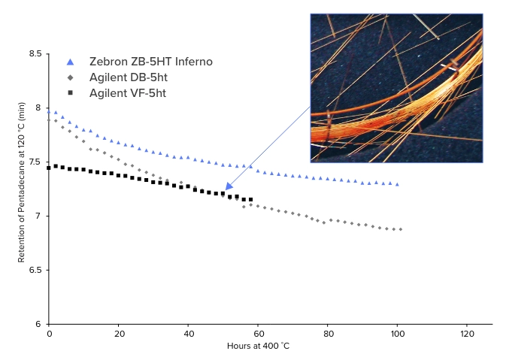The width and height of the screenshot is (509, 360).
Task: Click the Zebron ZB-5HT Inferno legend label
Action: point(150,62)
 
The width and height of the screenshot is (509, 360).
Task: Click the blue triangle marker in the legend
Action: point(70,62)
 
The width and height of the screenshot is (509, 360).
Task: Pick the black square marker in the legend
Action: point(70,92)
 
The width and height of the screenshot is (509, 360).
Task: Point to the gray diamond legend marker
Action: point(70,77)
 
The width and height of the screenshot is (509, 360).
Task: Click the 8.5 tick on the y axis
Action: point(35,54)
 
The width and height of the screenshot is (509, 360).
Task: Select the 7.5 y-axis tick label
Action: point(35,162)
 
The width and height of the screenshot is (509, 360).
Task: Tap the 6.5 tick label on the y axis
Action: point(35,270)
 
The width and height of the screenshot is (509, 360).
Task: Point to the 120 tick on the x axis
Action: point(467,333)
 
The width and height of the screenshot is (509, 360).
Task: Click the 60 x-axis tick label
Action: point(258,333)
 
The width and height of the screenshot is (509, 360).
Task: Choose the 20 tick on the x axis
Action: point(119,333)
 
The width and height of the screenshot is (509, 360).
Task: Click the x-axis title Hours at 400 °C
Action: point(258,346)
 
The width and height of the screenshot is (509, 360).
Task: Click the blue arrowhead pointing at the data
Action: point(229,185)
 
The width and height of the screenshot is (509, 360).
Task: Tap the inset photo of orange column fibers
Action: point(396,87)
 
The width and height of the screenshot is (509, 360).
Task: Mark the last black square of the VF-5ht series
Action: point(250,199)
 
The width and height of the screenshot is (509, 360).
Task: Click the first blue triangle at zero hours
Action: point(49,111)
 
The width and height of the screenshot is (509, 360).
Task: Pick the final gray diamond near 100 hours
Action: point(401,229)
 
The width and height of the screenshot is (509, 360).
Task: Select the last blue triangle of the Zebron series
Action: point(397,184)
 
